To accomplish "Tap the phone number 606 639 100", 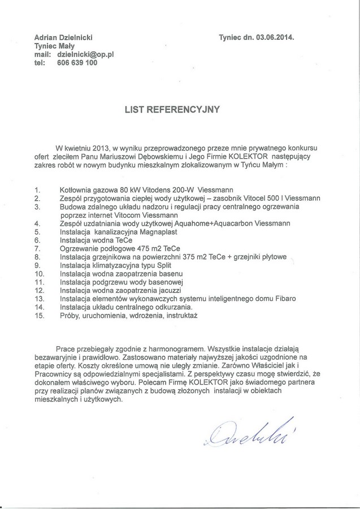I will [x=77, y=63].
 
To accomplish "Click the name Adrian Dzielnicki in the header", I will [x=64, y=37].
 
